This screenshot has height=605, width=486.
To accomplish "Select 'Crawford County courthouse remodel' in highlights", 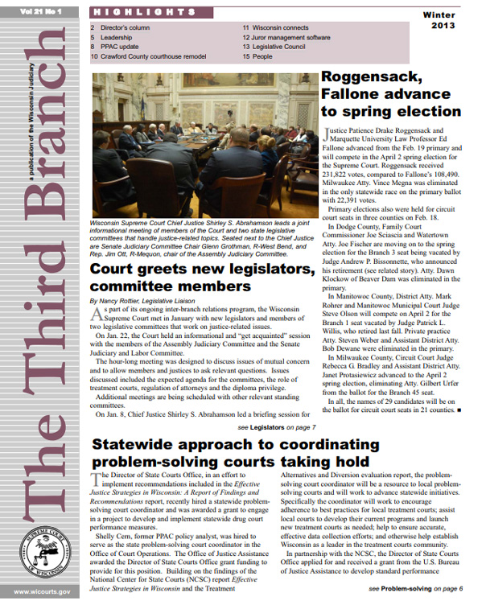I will click(x=148, y=57).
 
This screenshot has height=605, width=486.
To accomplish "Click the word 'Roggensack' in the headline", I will click(x=370, y=78).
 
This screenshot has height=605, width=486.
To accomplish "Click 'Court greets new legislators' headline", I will click(x=200, y=268).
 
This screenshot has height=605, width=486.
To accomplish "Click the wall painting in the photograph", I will click(x=212, y=79).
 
